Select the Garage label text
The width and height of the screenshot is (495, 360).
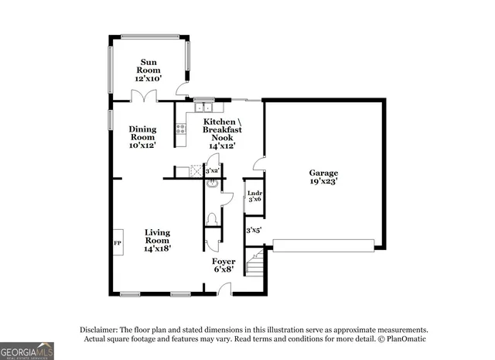324,173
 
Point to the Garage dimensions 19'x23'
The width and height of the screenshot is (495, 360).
324,182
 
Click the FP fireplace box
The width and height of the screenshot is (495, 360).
118,242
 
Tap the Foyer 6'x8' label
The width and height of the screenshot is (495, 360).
224,266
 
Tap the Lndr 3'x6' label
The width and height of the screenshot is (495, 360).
254,196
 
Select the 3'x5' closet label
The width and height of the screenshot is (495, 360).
254,230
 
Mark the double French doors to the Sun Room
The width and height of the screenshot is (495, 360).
144,96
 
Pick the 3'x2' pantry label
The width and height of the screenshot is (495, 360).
212,170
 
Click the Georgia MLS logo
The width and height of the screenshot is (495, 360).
27,351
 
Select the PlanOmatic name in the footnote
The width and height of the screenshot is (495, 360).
405,339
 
